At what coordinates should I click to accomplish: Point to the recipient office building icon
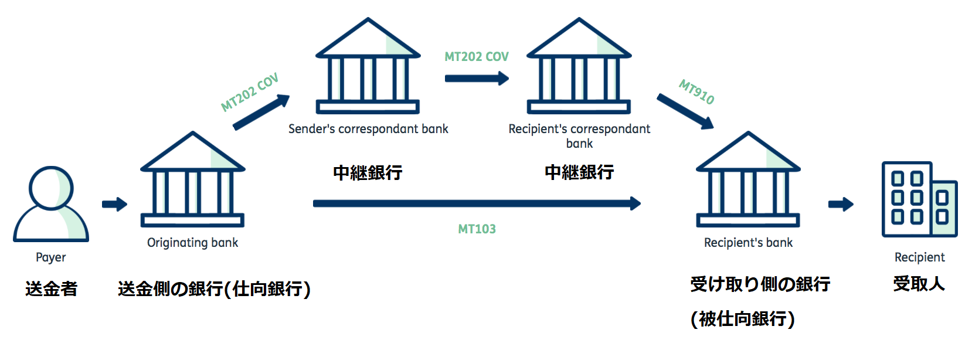(919, 200)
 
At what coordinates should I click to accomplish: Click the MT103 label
(477, 229)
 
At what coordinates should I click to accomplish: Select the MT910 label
(696, 92)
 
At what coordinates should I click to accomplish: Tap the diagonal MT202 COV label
(250, 93)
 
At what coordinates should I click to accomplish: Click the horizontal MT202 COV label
(476, 57)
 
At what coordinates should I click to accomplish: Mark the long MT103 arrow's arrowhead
(635, 203)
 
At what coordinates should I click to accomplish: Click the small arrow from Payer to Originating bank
(114, 204)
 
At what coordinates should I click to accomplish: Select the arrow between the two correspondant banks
(476, 78)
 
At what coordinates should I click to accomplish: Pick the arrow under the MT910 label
(685, 111)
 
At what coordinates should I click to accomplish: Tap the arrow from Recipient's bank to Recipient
(841, 204)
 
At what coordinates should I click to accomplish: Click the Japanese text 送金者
(51, 288)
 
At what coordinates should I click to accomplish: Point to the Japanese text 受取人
(919, 284)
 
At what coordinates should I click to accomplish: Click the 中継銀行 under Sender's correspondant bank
(368, 172)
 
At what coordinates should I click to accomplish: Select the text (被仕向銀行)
(742, 319)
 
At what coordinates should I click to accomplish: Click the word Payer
(51, 257)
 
